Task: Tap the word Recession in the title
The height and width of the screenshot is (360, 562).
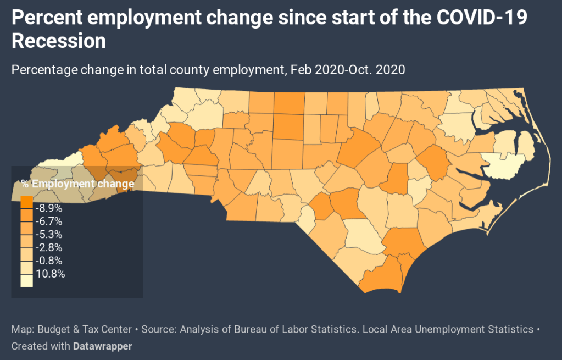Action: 58,41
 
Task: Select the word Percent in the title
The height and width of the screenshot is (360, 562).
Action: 45,18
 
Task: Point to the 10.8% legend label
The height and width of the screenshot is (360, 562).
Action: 51,274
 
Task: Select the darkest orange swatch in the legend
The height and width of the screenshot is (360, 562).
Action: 26,202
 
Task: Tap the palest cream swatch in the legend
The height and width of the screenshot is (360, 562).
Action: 26,280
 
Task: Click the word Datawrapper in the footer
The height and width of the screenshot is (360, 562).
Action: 103,346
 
